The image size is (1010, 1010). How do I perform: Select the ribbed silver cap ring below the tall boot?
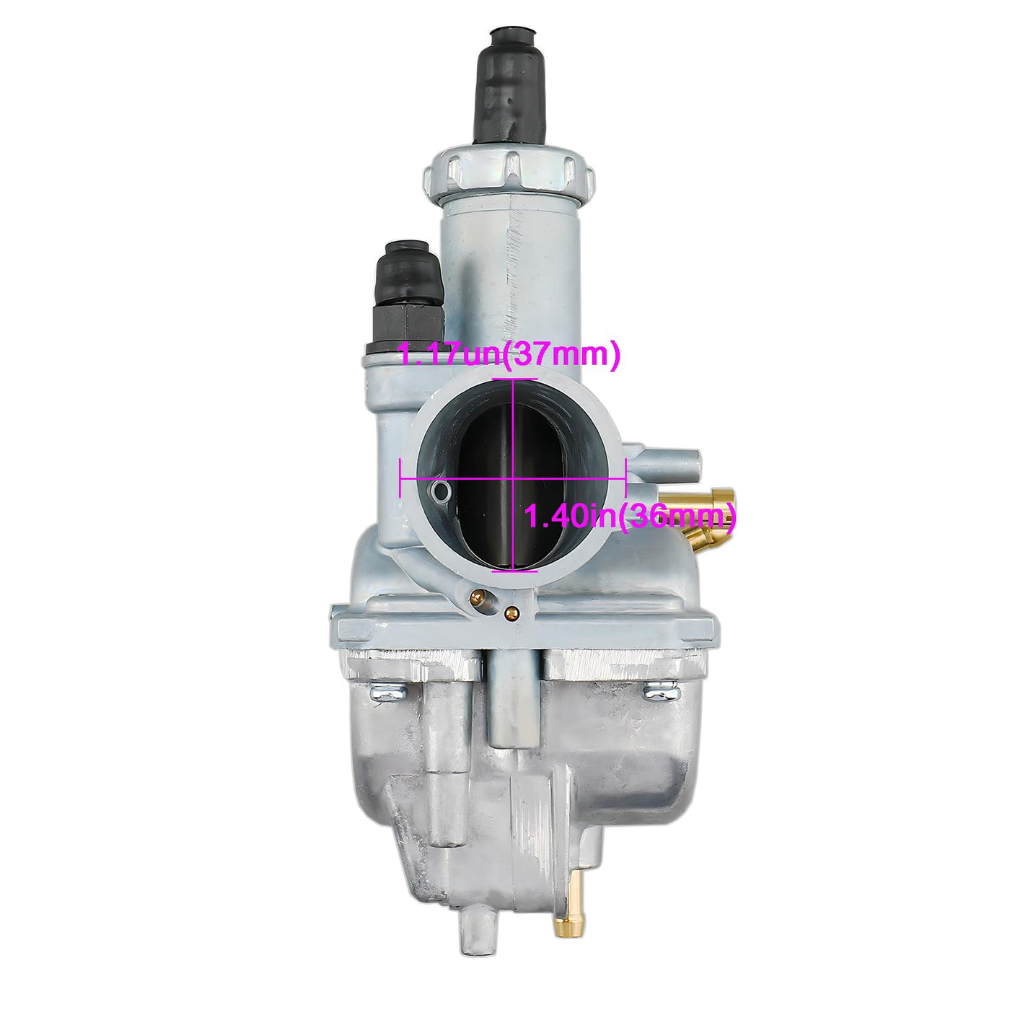coord(509,174)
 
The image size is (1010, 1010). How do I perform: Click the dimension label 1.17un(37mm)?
coord(509,355)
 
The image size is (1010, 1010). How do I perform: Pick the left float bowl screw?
coord(388,693)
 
